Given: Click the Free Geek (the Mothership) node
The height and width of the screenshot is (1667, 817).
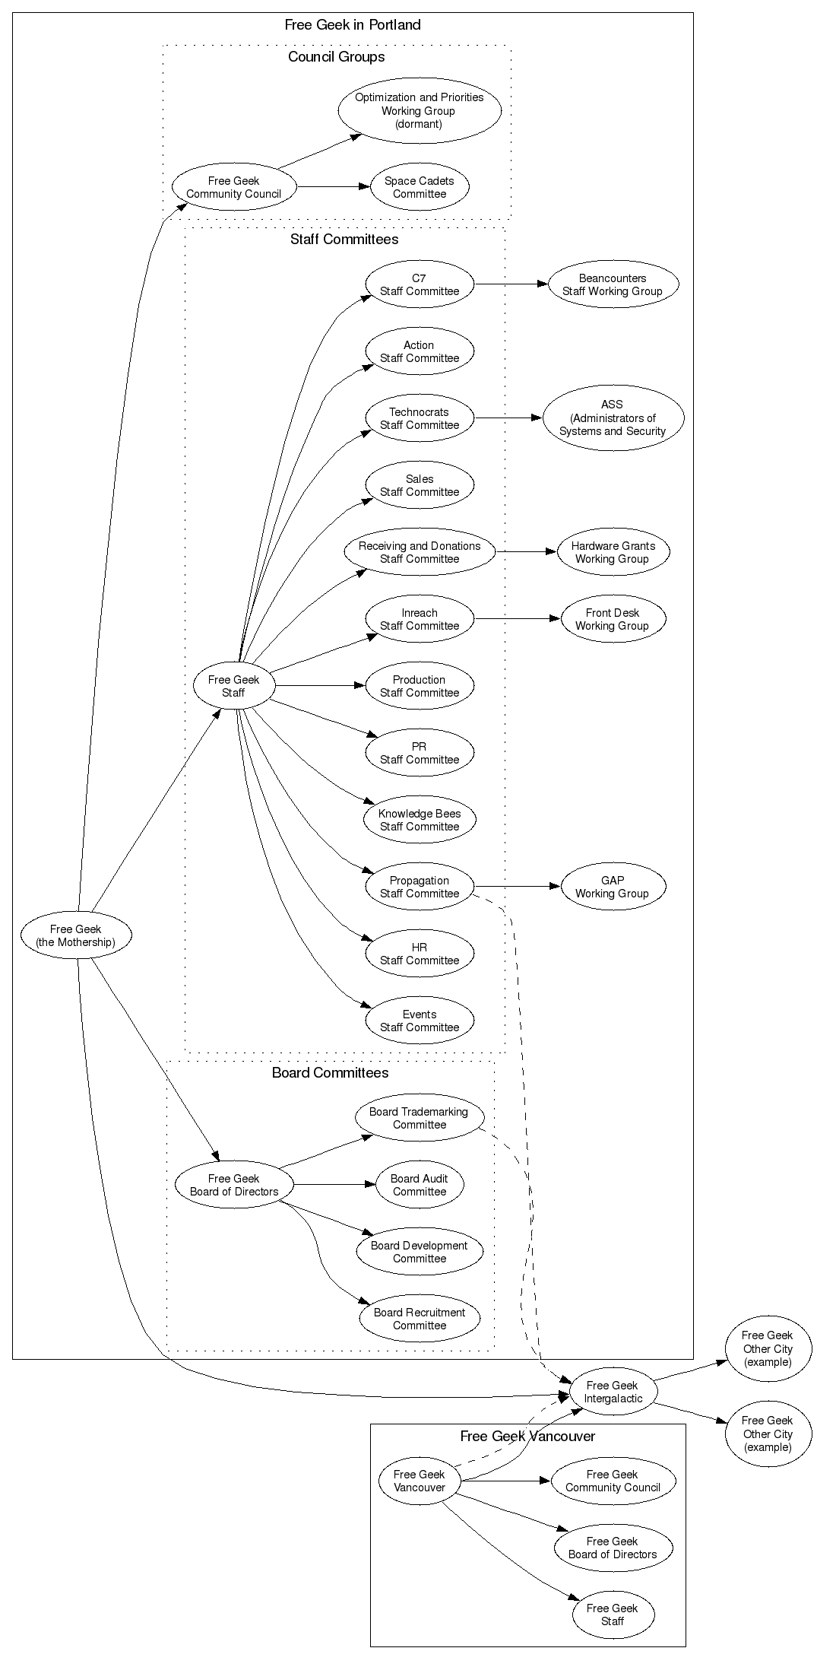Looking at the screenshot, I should pyautogui.click(x=76, y=935).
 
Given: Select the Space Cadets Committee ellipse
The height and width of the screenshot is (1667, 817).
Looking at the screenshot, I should pyautogui.click(x=420, y=187).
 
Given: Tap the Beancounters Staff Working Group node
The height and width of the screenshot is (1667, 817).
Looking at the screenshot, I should pyautogui.click(x=613, y=284).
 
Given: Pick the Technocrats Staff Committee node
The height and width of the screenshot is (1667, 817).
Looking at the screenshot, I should pyautogui.click(x=420, y=418).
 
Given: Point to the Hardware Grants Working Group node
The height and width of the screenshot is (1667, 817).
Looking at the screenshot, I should pyautogui.click(x=613, y=552).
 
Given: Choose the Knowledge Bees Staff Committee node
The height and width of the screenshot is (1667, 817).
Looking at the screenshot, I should pyautogui.click(x=420, y=820).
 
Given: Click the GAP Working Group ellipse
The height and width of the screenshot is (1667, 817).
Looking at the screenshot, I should pyautogui.click(x=613, y=887).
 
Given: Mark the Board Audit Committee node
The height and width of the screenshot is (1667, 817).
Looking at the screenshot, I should pyautogui.click(x=420, y=1185).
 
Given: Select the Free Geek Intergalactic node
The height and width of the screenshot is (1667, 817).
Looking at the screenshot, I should pyautogui.click(x=613, y=1392).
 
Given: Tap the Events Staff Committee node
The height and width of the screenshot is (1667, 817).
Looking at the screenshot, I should pyautogui.click(x=420, y=1021).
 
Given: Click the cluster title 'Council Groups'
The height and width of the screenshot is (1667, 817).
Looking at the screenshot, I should pyautogui.click(x=336, y=57).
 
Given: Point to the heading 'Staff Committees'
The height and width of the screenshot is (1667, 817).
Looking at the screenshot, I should pyautogui.click(x=344, y=240).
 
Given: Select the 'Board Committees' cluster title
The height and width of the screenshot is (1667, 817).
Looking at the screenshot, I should pyautogui.click(x=330, y=1073).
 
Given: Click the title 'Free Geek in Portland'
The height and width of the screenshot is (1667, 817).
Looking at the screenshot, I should pyautogui.click(x=353, y=25).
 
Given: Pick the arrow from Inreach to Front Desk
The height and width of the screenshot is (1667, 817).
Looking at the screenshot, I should pyautogui.click(x=517, y=619).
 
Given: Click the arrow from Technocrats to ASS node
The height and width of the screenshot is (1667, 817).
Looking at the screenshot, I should pyautogui.click(x=508, y=418).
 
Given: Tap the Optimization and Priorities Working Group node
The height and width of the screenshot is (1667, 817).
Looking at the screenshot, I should pyautogui.click(x=420, y=110).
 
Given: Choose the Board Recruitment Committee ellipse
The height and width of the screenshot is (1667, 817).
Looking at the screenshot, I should pyautogui.click(x=420, y=1319).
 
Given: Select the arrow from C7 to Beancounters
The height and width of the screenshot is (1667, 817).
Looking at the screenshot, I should pyautogui.click(x=511, y=284).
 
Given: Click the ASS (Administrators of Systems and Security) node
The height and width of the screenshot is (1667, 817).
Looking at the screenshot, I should pyautogui.click(x=613, y=418).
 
